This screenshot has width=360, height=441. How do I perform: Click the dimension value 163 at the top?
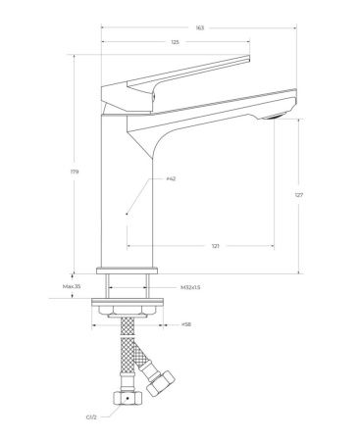(x=199, y=28)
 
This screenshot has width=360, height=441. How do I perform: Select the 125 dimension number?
(x=175, y=44)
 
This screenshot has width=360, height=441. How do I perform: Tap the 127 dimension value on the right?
(x=298, y=195)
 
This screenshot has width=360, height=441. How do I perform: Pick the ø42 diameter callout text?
(x=171, y=179)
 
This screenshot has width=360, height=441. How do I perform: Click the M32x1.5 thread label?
(x=191, y=286)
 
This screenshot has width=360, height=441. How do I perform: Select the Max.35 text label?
(x=72, y=286)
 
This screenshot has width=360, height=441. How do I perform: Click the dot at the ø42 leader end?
(x=128, y=213)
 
